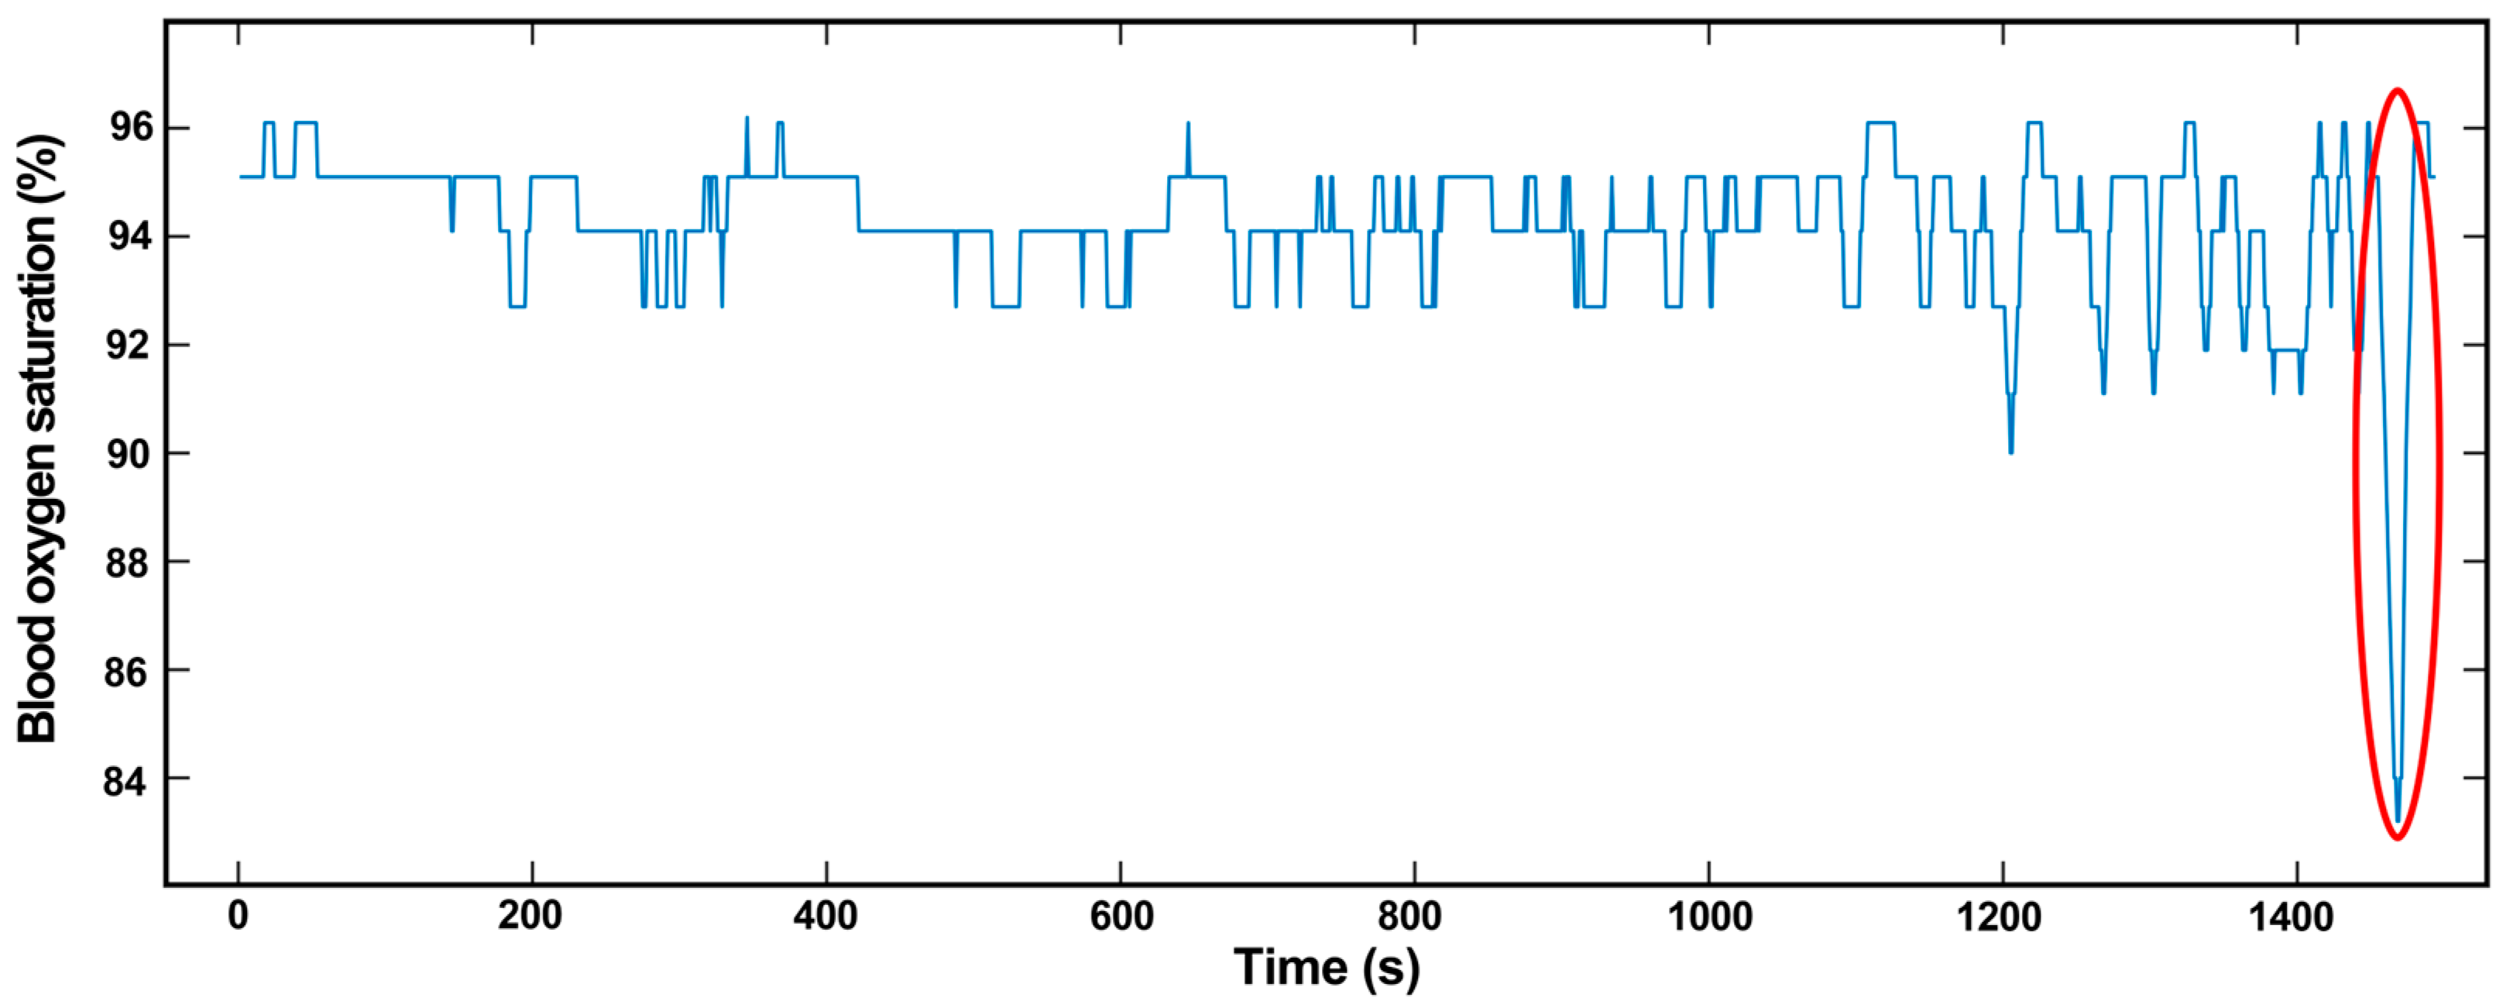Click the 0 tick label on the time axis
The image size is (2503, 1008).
tap(238, 916)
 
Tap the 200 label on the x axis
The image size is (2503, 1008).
tap(530, 916)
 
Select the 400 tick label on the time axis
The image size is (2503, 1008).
tap(825, 916)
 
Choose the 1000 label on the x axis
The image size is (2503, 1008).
tap(1709, 916)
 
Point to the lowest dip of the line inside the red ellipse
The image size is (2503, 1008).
tap(2397, 821)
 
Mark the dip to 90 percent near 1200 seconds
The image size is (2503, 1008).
tap(2010, 452)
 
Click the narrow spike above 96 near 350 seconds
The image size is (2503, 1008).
tap(747, 119)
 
